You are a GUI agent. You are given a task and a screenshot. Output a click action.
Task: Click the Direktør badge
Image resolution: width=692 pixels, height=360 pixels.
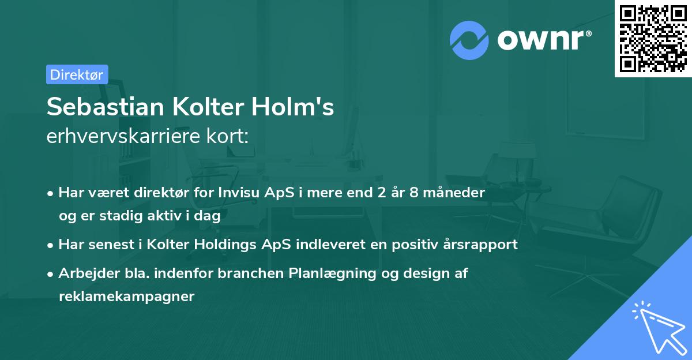pos(77,74)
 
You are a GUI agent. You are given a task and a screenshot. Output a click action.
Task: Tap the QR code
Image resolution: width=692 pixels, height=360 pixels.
pos(653,38)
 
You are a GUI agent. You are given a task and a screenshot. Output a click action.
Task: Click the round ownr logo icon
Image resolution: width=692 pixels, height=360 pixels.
pos(469,40)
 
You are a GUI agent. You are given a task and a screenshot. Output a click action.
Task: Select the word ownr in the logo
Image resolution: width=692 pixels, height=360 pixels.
pos(542,40)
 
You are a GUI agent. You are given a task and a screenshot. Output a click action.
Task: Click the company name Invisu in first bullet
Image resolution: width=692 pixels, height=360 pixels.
pos(239,192)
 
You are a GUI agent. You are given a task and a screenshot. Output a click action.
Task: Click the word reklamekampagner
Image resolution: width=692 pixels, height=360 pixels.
pos(127,297)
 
